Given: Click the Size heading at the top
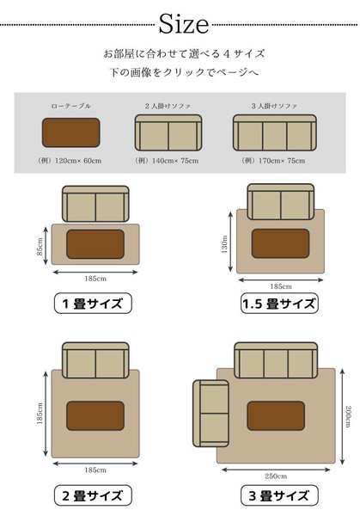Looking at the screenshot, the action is tap(184, 24).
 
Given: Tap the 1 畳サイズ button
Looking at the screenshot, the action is tap(93, 303).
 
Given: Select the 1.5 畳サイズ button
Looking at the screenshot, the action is tap(279, 303).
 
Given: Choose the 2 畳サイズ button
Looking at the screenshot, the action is tap(93, 495).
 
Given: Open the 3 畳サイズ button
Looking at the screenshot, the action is tap(279, 495).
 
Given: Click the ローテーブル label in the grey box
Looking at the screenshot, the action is tap(71, 106).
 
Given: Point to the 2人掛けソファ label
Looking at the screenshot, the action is tap(168, 106).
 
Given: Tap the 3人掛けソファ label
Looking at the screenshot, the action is tap(274, 106).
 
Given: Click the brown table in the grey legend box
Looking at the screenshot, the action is tap(71, 132).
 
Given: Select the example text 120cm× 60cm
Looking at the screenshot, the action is tap(78, 161).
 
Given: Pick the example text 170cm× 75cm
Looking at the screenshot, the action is tap(282, 161).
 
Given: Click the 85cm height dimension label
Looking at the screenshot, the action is tap(40, 247).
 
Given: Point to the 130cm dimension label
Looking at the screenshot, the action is tap(225, 244).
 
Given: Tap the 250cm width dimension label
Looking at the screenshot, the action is tap(276, 476).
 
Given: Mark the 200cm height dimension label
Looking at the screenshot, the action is tap(349, 416).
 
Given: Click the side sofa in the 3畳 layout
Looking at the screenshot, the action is tap(211, 414).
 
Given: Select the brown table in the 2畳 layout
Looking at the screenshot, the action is tap(95, 415).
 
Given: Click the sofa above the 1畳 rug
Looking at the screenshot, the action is tap(95, 204).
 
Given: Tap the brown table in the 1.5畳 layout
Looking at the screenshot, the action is tap(280, 243).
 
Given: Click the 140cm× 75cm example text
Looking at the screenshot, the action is tap(175, 161).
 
